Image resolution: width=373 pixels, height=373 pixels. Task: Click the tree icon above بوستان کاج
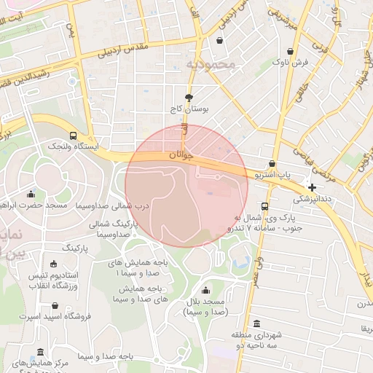point(189,97)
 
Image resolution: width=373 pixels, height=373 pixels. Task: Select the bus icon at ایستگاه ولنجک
point(72,136)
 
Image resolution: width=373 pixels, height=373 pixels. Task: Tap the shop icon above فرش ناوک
point(291,52)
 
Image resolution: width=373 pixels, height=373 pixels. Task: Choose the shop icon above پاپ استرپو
point(272,164)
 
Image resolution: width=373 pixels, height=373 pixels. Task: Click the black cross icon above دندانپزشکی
point(312,187)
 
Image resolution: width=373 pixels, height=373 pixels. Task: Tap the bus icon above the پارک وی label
point(264,206)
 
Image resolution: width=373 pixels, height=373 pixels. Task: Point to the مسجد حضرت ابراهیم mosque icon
point(31,195)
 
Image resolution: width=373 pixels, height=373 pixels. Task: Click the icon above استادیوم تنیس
point(54,264)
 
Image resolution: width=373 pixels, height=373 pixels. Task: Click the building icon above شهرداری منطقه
point(256,324)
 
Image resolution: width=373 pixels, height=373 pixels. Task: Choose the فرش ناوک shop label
point(291,63)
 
